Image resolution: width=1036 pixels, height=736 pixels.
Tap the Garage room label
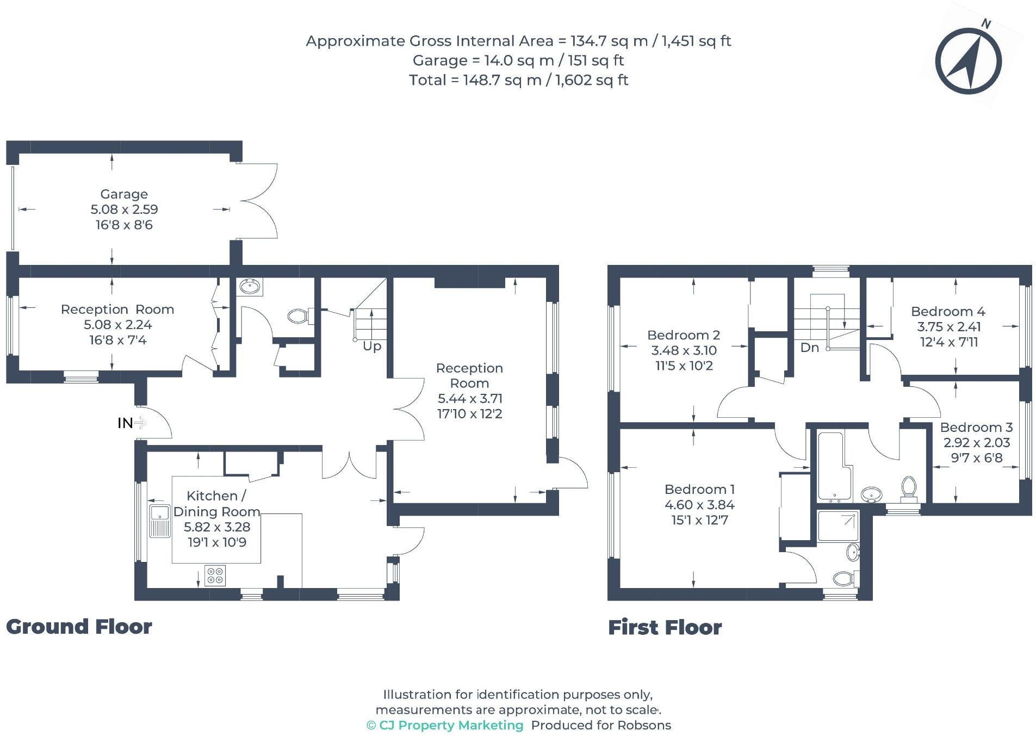(x=124, y=194)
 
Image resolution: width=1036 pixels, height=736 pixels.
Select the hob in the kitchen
(x=215, y=576)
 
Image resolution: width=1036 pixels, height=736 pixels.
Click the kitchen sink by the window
(x=160, y=520)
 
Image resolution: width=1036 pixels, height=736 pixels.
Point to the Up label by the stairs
(x=372, y=347)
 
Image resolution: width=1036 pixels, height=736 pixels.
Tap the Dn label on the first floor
(x=809, y=348)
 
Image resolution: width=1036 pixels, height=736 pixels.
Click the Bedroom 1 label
(x=699, y=490)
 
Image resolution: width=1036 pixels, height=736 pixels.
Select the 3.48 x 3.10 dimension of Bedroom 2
(x=684, y=350)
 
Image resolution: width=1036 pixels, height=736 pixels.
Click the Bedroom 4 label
(x=948, y=312)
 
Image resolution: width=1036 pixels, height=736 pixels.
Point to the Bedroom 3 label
(x=976, y=428)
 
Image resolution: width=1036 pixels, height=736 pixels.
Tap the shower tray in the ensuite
(x=838, y=525)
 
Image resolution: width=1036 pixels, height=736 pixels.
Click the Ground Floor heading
(x=79, y=627)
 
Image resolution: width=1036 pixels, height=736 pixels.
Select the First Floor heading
(x=665, y=628)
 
